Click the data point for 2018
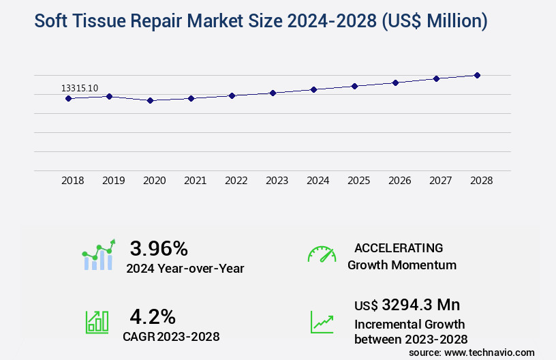(68, 98)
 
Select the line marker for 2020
(150, 100)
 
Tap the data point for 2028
(477, 75)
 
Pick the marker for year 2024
(313, 89)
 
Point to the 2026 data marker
(395, 82)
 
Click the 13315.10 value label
(80, 88)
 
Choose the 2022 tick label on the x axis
(236, 181)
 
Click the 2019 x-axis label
(113, 181)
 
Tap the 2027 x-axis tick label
(440, 181)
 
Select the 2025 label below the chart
(358, 181)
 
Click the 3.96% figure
(159, 247)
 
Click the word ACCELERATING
(399, 247)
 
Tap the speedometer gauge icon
(322, 254)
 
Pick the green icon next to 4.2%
(97, 322)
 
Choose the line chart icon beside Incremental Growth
(322, 322)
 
